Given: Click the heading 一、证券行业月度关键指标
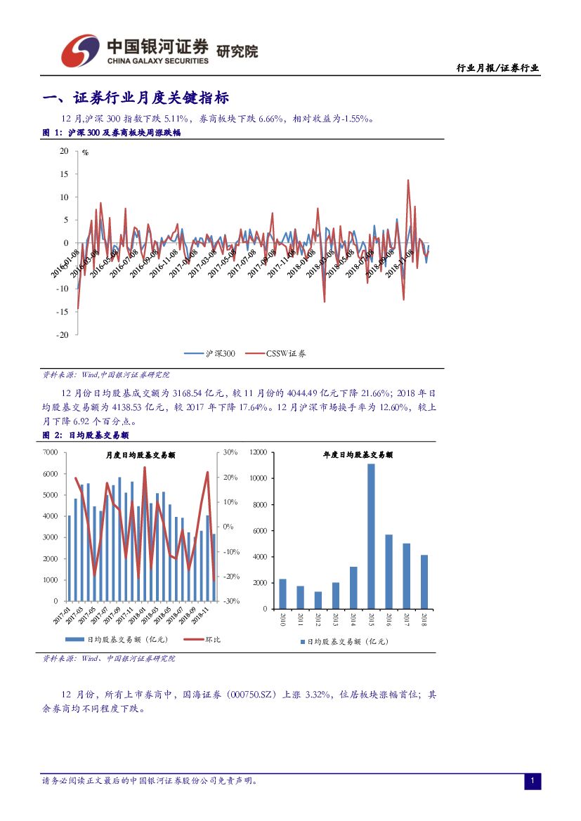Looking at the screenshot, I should click(136, 98).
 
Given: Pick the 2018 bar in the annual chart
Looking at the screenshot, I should click(424, 582).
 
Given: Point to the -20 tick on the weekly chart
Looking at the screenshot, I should click(63, 335).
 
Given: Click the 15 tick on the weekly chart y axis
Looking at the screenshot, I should click(64, 174).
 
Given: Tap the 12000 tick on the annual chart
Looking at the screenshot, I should click(256, 453).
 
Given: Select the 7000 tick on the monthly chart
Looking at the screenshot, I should click(50, 453).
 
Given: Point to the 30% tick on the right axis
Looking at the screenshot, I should click(230, 453).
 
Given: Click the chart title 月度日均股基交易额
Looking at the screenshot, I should click(140, 455).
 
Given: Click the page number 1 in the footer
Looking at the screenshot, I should click(533, 781).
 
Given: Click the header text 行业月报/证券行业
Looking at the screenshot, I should click(497, 68).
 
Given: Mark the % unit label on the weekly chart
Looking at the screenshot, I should click(85, 152).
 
